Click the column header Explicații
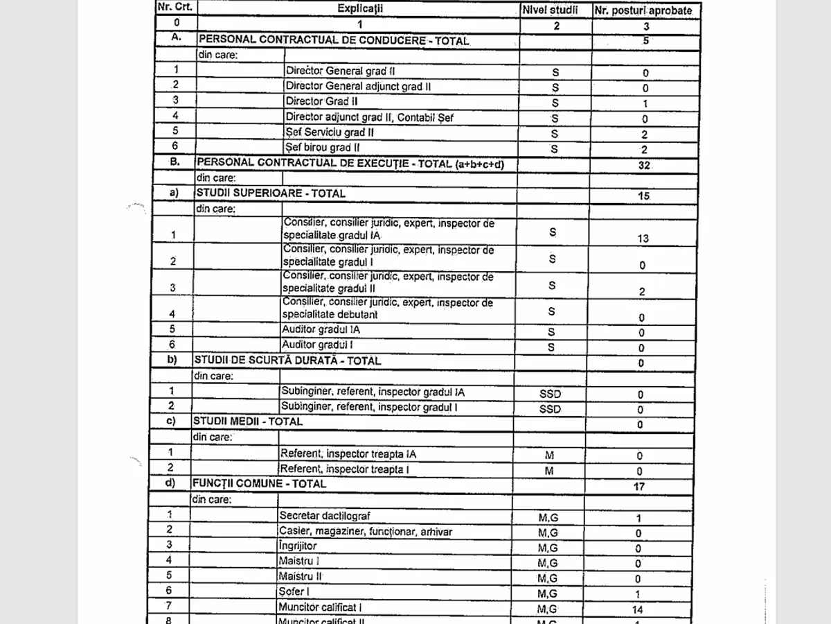coord(359,8)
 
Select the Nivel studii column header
coord(554,10)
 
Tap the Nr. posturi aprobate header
coord(643,11)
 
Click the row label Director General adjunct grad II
coord(358,86)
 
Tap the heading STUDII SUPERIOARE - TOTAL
coord(270,193)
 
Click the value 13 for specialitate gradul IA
coord(643,239)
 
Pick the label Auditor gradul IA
coord(321,329)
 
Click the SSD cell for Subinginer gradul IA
coord(550,394)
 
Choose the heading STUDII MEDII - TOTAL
coord(248,421)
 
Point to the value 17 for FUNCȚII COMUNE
coord(639,487)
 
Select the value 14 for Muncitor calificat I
coord(638,610)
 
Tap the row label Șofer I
coord(293,591)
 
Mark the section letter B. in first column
coord(175,161)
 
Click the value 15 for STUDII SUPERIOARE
coord(643,196)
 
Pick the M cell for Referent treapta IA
coord(549,456)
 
